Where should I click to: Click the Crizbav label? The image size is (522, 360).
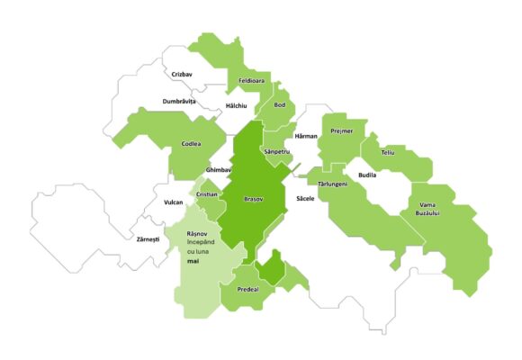coord(182,75)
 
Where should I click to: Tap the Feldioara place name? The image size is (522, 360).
coord(250,81)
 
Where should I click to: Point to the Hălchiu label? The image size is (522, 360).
coord(238,104)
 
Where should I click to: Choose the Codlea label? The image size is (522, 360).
coord(191,144)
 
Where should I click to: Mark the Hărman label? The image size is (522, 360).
coord(306,136)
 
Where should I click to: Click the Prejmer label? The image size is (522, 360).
coord(342,131)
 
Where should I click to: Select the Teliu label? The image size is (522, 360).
coord(388,152)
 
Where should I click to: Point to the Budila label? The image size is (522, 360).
coord(367,174)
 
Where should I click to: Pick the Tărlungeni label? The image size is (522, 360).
coord(333,184)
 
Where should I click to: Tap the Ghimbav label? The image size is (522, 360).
coord(219,169)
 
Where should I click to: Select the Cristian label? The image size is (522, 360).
coord(207,194)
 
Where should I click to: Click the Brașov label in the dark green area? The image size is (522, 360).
coord(255,198)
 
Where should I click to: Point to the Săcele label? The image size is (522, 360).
coord(305,197)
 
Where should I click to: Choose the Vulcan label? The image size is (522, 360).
coord(174,202)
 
